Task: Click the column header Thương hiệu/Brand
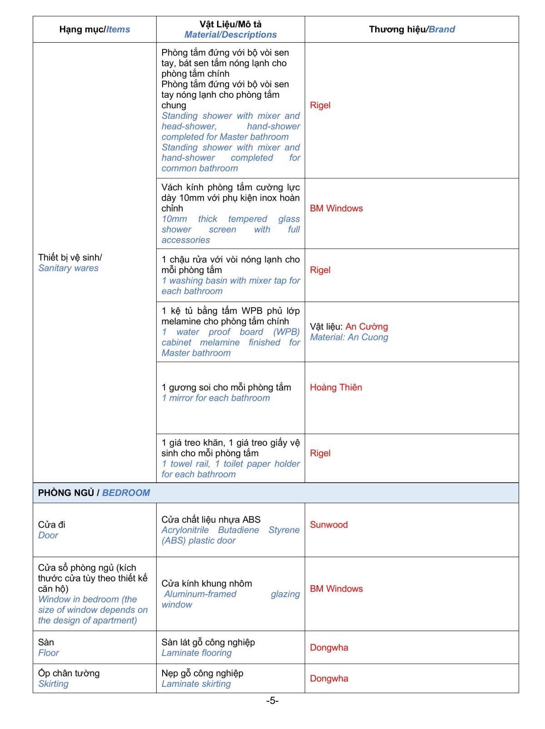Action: click(411, 29)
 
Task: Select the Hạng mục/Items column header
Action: click(94, 29)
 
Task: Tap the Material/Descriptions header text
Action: click(230, 35)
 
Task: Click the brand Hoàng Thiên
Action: click(336, 387)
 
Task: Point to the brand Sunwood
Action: click(328, 525)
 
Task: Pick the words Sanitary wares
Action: click(68, 268)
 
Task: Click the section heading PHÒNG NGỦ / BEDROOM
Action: click(94, 493)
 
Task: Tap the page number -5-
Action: click(272, 701)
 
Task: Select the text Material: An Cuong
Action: click(349, 337)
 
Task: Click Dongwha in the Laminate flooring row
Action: click(329, 648)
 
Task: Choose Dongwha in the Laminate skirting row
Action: click(329, 679)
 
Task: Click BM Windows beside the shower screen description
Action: click(336, 209)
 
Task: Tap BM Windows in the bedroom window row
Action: click(336, 589)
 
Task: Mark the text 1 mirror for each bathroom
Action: click(216, 398)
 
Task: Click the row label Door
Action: click(48, 535)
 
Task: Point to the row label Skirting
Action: click(53, 684)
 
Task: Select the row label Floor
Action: click(49, 653)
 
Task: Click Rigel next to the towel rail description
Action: click(320, 453)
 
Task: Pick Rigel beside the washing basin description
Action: click(320, 270)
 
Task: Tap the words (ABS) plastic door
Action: click(198, 541)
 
